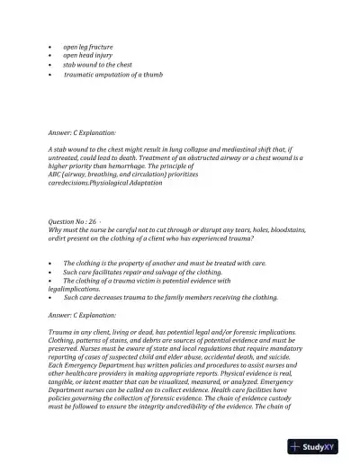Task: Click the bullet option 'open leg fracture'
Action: [87, 45]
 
